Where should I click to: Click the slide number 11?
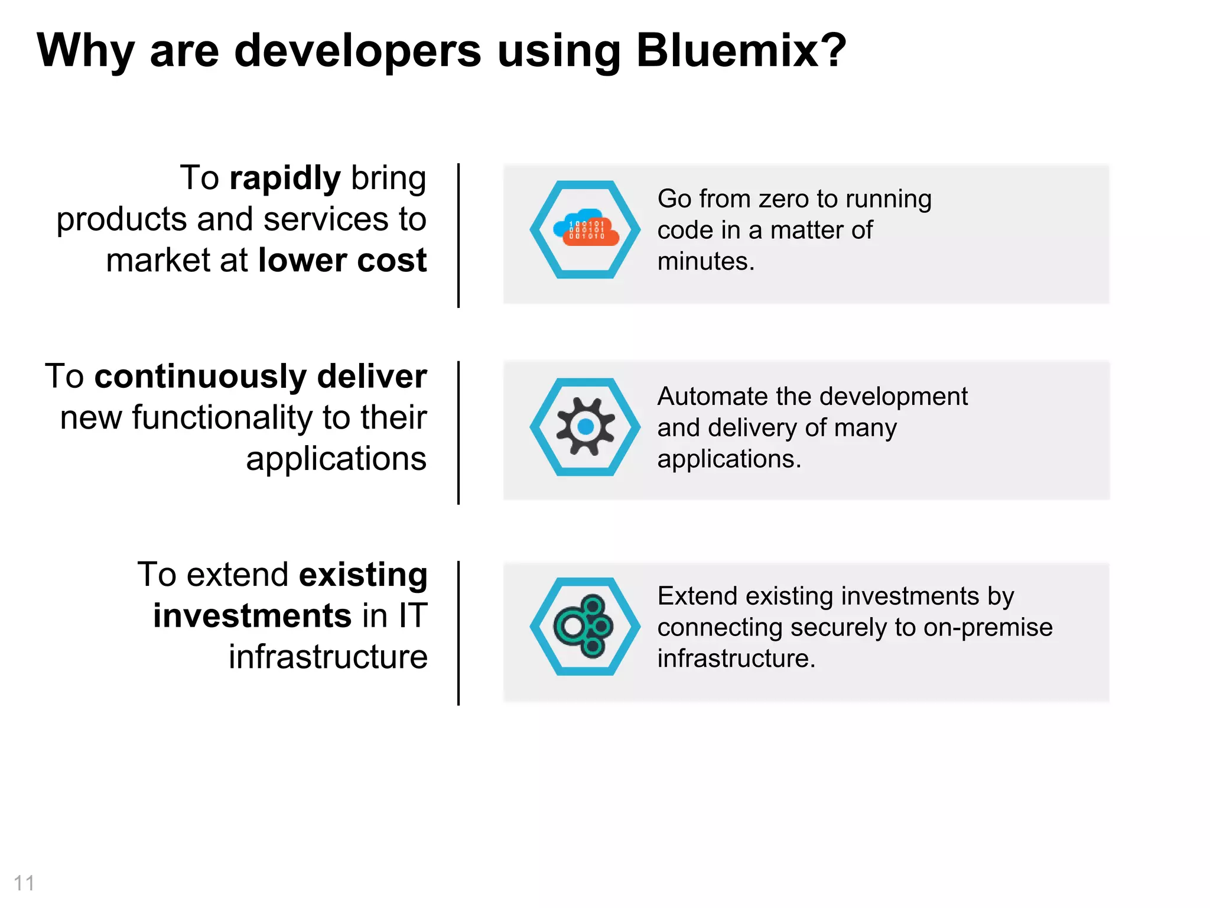[x=24, y=883]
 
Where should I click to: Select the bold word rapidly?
[x=285, y=179]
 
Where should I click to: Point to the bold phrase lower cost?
[x=342, y=260]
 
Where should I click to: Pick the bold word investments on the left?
[x=253, y=616]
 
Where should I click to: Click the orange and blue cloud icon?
[x=586, y=228]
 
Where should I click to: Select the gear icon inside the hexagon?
[x=586, y=426]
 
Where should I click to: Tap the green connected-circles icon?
[x=584, y=626]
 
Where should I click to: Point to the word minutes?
[x=706, y=261]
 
